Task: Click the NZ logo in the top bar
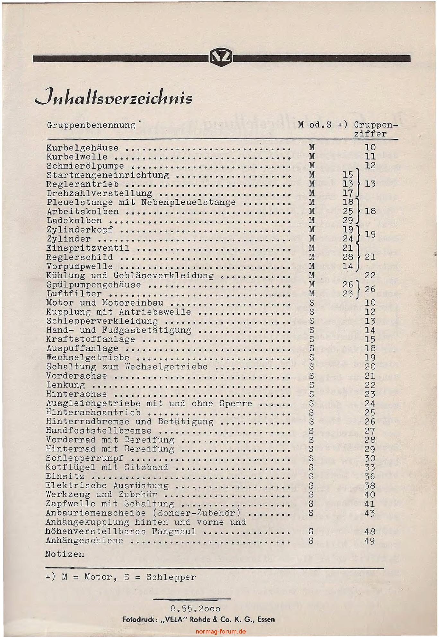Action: click(221, 58)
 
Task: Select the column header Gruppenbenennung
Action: click(91, 125)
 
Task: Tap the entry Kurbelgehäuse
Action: click(83, 148)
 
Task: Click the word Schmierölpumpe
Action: click(85, 166)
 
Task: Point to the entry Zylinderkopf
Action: click(80, 230)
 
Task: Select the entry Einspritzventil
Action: click(88, 248)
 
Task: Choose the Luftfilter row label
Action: click(74, 294)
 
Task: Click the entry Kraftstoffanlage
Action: click(91, 339)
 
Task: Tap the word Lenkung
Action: click(66, 385)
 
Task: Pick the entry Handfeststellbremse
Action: click(99, 431)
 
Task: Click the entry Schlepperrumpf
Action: click(85, 458)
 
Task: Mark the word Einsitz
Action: click(65, 476)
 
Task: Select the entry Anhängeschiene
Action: click(84, 541)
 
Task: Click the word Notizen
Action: click(65, 554)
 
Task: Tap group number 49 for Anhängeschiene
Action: click(370, 541)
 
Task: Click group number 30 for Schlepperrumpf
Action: click(370, 458)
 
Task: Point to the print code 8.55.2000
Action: click(195, 609)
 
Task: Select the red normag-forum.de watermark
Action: click(220, 631)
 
